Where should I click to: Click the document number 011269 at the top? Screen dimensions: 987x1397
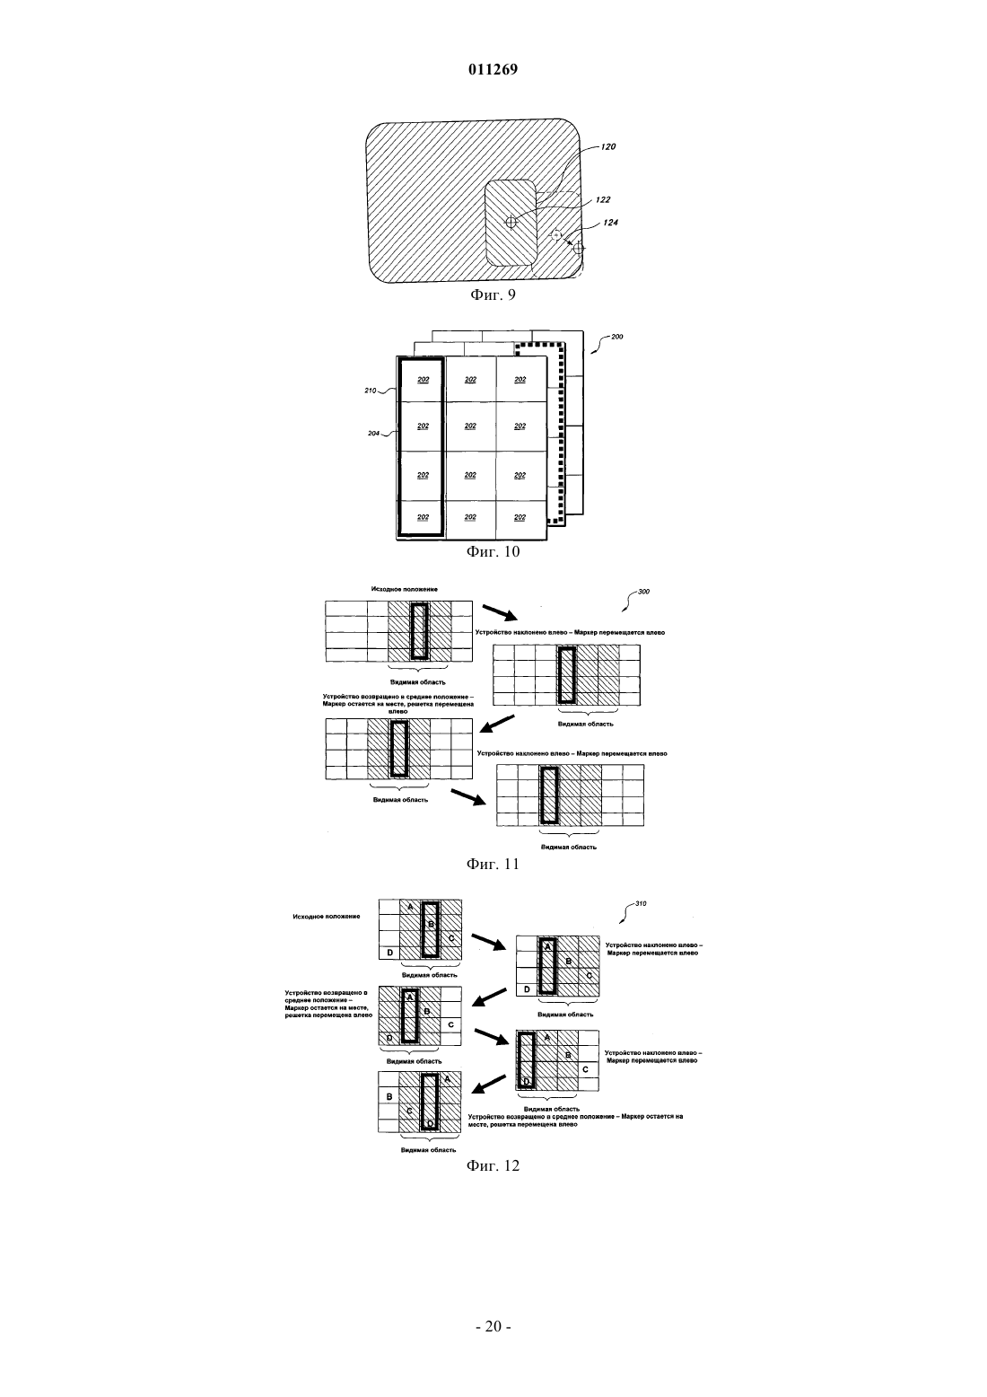493,69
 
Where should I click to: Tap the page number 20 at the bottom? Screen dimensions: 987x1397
493,1326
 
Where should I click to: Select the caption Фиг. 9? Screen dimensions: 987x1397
493,294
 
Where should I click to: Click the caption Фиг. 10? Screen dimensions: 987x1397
493,551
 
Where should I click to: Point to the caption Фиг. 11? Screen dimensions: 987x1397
493,864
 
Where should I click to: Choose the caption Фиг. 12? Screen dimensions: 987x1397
493,1165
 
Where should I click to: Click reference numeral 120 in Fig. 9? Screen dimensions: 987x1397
608,146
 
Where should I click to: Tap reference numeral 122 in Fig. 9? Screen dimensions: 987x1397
603,199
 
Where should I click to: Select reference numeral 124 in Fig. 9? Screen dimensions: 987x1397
611,223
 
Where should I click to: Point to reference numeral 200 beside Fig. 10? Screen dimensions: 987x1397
617,337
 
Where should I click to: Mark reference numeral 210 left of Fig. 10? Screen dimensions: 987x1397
370,391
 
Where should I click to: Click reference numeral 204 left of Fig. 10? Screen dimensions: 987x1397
374,434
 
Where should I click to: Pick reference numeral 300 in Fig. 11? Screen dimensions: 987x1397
643,592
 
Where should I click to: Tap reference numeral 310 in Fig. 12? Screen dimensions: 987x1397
641,904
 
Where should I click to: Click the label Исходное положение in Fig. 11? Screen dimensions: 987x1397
405,589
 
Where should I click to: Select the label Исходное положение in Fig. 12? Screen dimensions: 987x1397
327,917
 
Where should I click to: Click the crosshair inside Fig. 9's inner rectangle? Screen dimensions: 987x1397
511,222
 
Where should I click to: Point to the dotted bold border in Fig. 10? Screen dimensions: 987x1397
563,430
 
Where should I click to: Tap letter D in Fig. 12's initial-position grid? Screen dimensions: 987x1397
390,953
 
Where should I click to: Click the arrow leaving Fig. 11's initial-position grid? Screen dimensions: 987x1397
501,612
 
